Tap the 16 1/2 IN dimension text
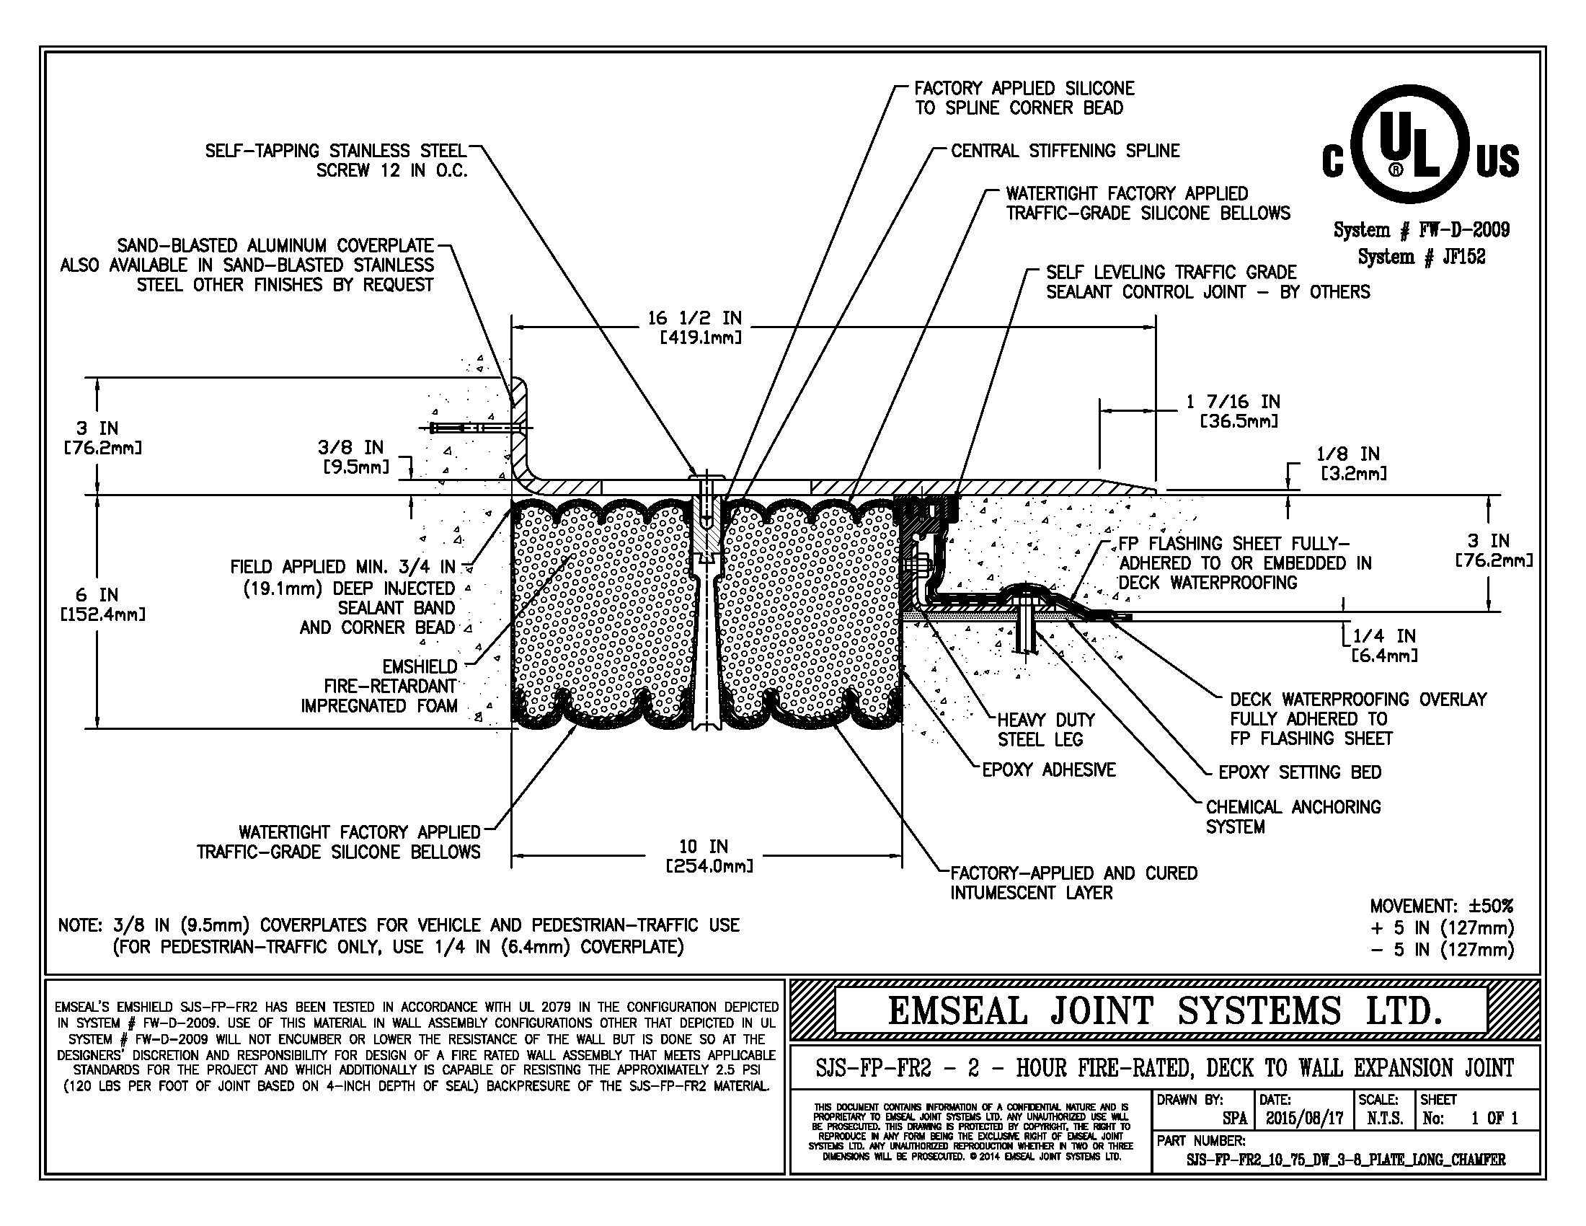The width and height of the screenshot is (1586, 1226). point(694,327)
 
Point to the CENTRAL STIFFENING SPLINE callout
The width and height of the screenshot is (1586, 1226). point(1065,151)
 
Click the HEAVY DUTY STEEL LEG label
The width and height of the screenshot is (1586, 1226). point(1045,729)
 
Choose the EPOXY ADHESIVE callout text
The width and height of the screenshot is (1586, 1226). point(1048,770)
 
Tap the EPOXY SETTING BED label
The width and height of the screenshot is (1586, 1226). point(1299,772)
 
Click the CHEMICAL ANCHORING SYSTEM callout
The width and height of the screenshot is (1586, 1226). point(1293,816)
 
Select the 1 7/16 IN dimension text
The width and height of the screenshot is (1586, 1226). point(1233,411)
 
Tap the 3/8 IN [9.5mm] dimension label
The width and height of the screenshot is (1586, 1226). point(353,457)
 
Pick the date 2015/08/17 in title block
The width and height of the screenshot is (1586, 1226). point(1304,1119)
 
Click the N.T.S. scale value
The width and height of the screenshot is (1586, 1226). point(1384,1119)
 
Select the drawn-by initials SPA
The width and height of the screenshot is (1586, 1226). point(1233,1119)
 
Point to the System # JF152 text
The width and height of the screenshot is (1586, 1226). point(1421,257)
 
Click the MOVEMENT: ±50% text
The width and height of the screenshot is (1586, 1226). point(1441,906)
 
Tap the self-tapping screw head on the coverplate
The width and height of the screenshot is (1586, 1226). point(705,476)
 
